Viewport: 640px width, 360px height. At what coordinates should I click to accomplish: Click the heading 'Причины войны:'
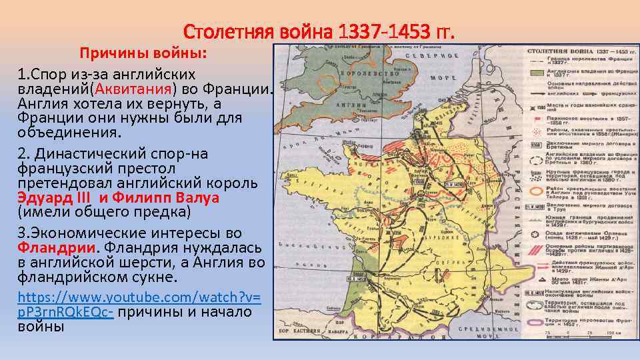(x=143, y=53)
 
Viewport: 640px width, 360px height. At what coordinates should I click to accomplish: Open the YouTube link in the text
(x=139, y=303)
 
